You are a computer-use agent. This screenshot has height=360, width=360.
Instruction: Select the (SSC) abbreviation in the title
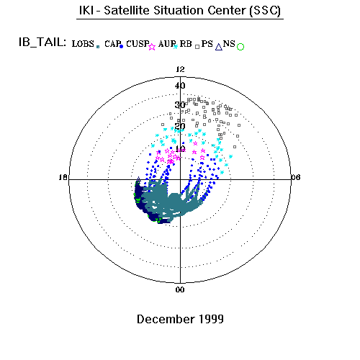265,11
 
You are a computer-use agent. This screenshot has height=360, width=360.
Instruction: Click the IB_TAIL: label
42,42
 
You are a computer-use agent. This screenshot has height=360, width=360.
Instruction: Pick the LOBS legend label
83,44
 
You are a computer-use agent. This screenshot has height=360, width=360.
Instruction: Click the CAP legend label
112,44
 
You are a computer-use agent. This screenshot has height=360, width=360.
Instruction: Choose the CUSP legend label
138,44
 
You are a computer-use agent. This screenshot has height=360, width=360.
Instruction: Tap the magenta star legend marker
152,47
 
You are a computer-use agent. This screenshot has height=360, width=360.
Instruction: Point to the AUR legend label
167,44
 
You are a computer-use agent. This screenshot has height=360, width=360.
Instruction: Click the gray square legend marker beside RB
197,47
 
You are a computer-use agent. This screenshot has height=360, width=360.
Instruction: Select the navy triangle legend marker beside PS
219,47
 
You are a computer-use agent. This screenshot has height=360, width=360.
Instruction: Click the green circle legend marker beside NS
240,47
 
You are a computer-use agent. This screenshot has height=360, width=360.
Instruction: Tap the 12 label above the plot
180,69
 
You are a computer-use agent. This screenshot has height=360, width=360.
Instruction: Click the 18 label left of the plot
63,177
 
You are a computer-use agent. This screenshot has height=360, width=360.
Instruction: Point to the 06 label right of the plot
295,177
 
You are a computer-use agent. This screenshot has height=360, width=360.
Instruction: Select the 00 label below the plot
180,289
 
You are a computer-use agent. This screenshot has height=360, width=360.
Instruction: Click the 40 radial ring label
180,86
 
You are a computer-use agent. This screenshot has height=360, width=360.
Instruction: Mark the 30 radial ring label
180,105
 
